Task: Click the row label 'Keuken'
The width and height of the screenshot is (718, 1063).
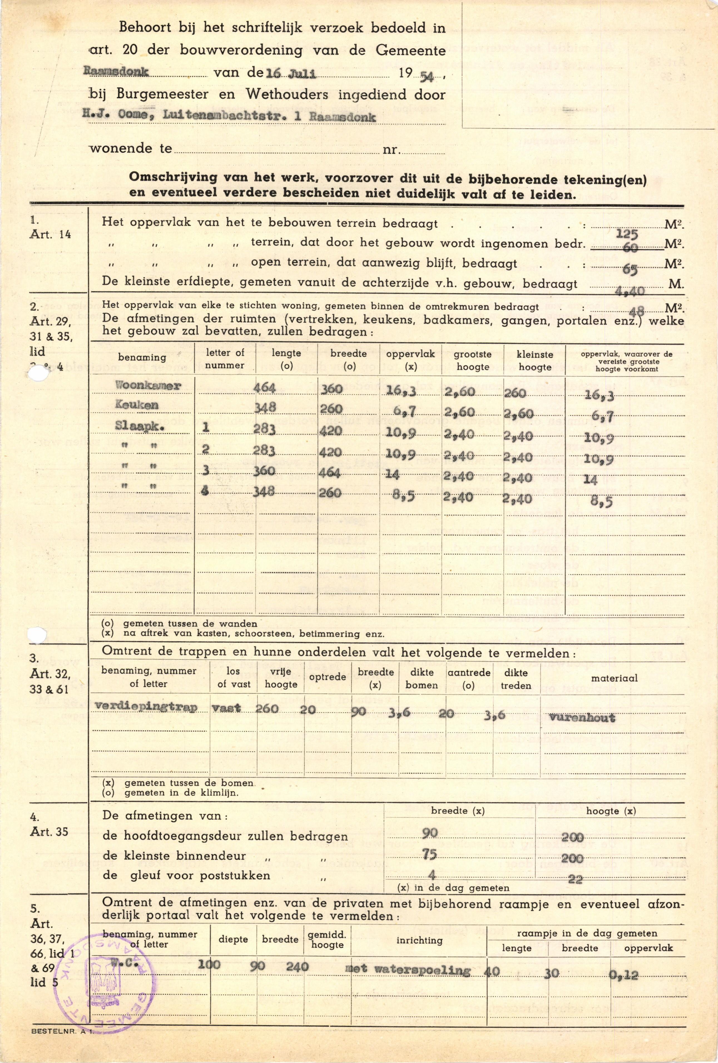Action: [137, 405]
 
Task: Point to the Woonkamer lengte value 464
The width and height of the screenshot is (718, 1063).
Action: [265, 388]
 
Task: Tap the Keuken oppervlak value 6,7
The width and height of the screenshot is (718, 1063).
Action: [404, 411]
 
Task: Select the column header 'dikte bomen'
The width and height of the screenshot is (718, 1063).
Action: [421, 679]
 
